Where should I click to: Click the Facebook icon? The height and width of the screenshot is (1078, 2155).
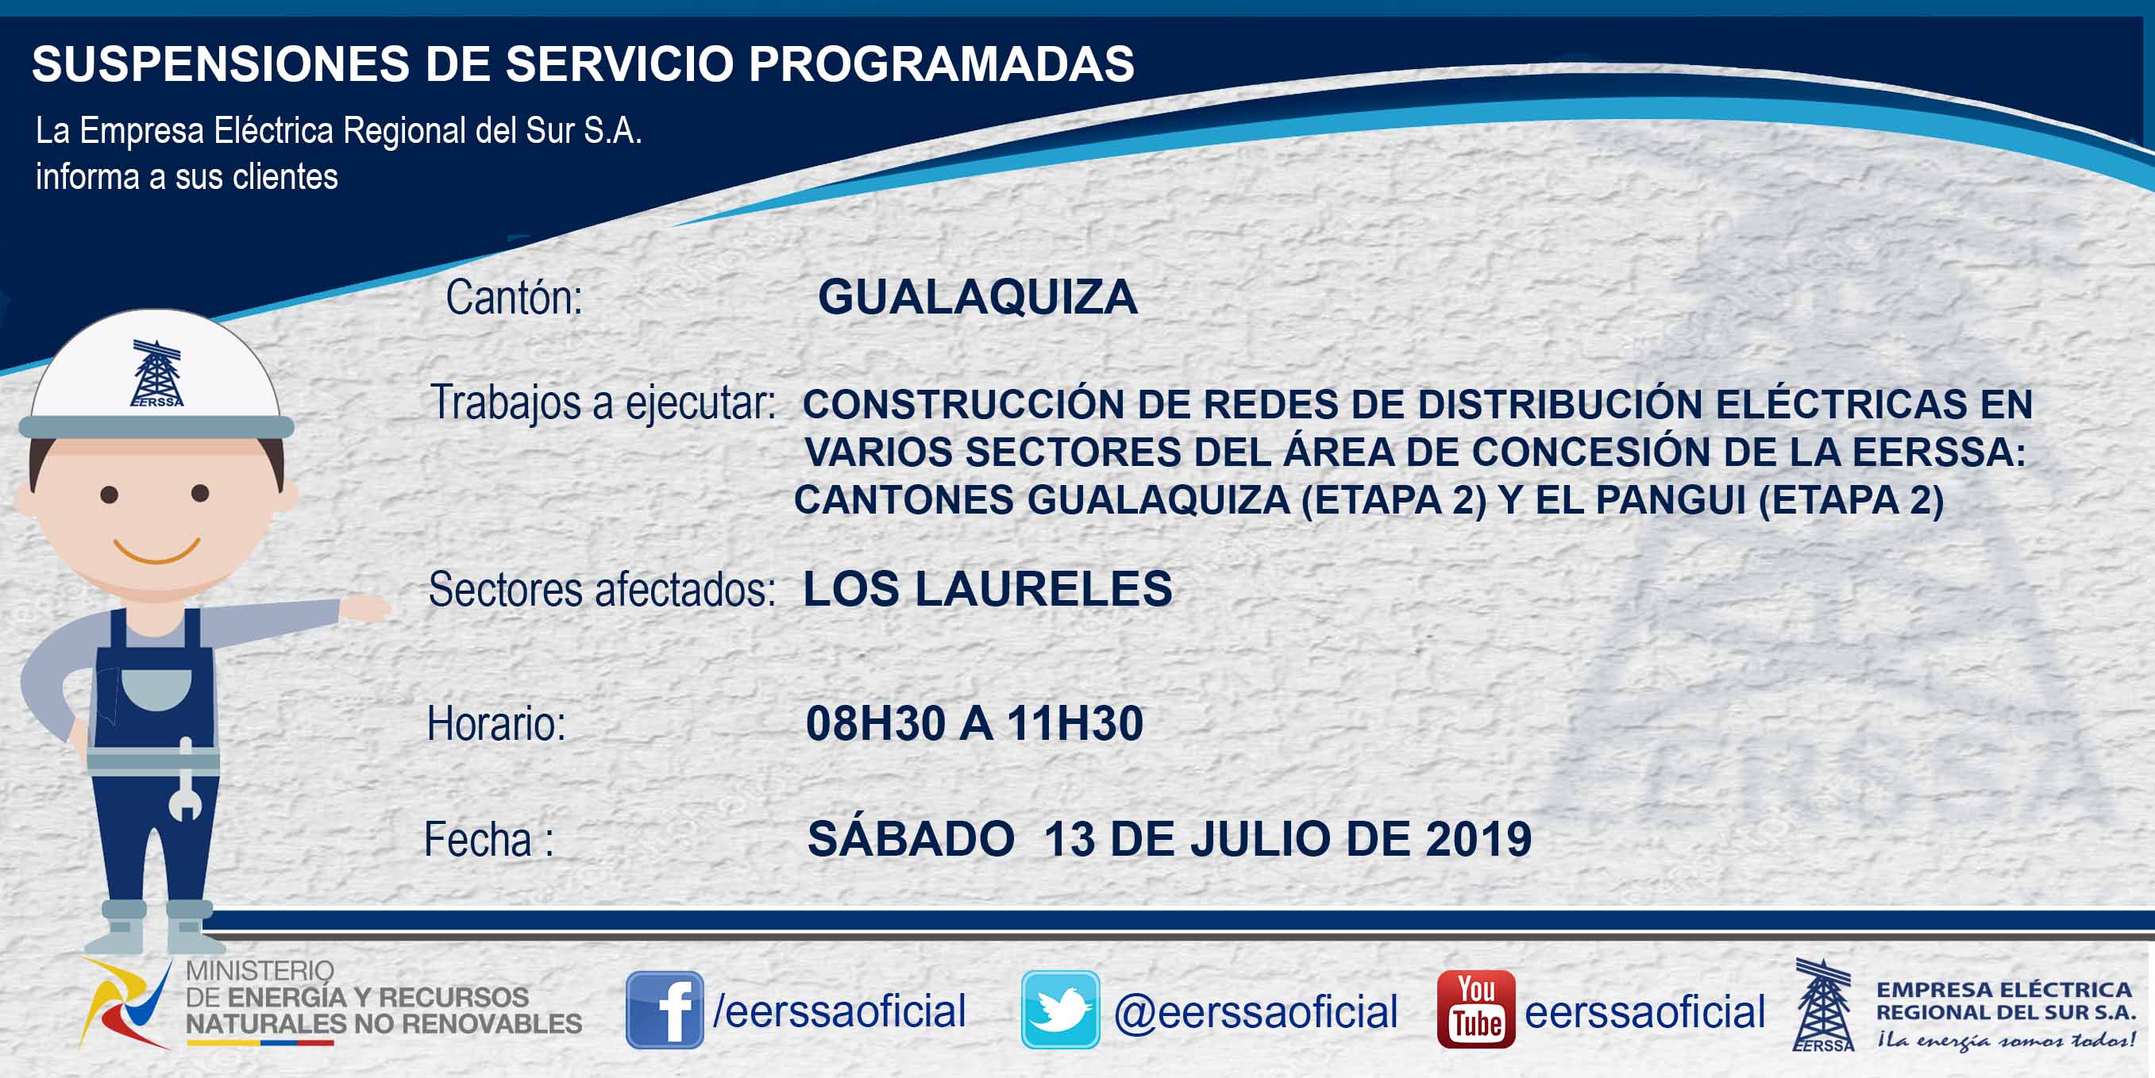665,1010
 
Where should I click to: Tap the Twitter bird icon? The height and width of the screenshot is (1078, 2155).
1060,1010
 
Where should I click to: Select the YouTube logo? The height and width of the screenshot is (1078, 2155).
1475,1010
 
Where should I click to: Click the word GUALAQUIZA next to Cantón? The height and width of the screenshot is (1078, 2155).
977,297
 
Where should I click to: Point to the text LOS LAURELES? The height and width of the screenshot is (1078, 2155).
987,589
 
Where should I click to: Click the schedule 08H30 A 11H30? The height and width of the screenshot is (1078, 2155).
973,723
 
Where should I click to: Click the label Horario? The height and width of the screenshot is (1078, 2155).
496,724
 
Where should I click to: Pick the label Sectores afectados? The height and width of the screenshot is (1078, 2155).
602,590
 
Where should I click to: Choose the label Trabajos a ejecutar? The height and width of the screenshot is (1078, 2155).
603,403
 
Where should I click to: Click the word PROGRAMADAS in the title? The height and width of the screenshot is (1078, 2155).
941,64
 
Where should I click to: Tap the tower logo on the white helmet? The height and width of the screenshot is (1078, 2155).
156,373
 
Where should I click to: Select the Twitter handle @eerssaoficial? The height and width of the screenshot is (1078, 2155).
1255,1012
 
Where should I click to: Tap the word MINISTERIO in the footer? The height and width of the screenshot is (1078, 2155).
260,971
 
